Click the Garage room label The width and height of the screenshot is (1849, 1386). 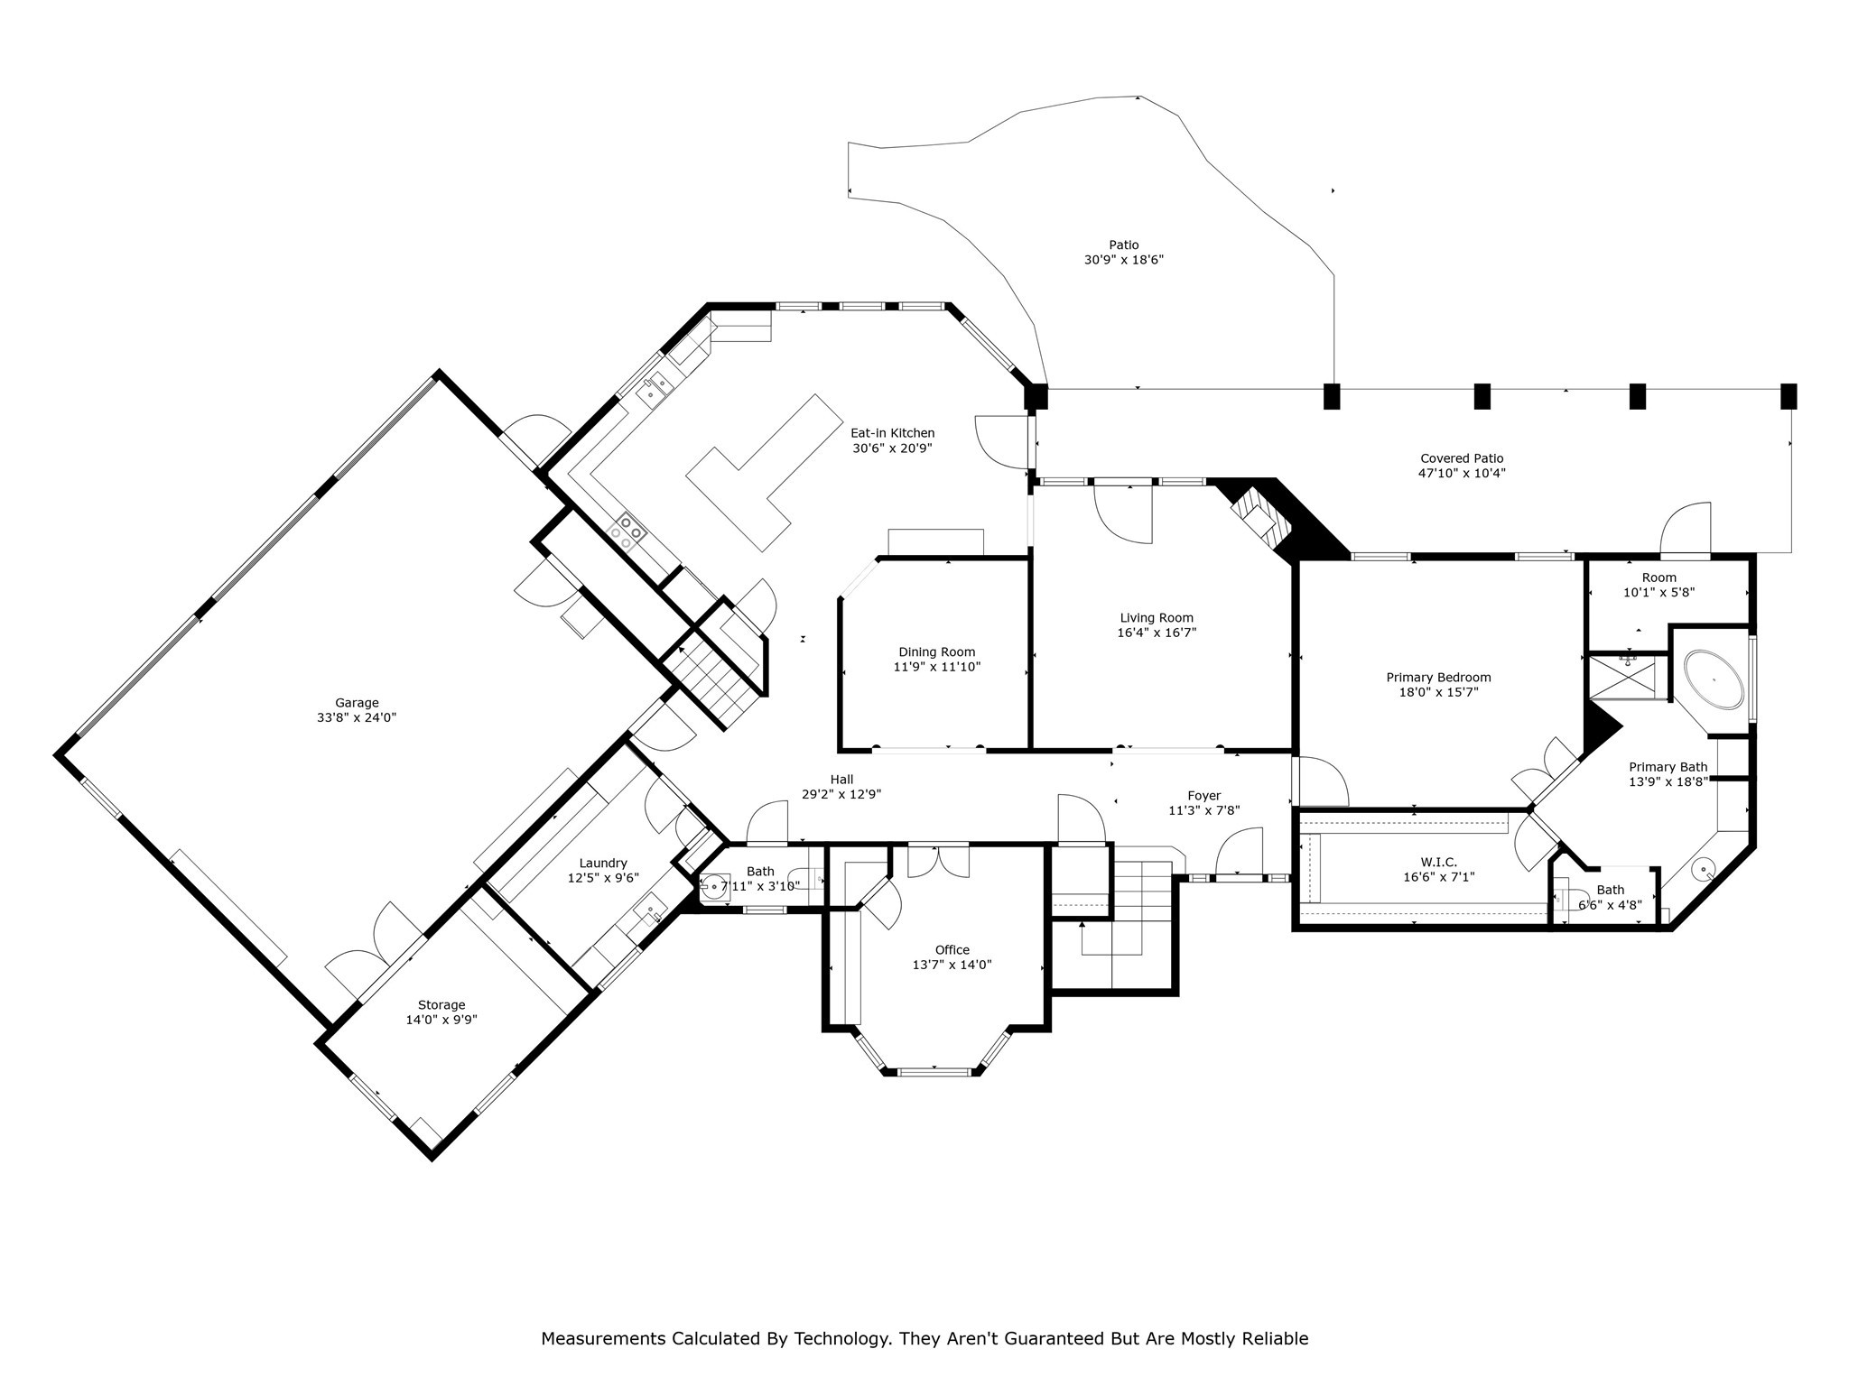pos(357,703)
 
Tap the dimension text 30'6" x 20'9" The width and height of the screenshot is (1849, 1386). pos(892,448)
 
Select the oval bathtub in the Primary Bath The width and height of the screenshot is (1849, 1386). pos(1713,679)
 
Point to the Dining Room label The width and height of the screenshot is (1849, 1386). pos(936,652)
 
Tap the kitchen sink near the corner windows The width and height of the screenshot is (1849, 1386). pos(655,388)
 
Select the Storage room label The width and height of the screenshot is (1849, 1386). pos(441,1004)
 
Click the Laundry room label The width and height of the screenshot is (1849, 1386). pos(603,863)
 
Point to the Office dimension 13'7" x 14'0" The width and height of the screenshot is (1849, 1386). pos(952,964)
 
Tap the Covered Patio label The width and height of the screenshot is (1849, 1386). pos(1462,458)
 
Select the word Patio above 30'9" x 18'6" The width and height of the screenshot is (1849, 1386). pos(1123,245)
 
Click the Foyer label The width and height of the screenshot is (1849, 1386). pos(1203,795)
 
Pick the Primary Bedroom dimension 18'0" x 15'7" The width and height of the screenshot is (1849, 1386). pos(1438,692)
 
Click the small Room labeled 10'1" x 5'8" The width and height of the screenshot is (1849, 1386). pos(1659,577)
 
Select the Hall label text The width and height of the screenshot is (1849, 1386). pos(841,780)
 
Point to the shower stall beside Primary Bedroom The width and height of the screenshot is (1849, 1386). pos(1628,677)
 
